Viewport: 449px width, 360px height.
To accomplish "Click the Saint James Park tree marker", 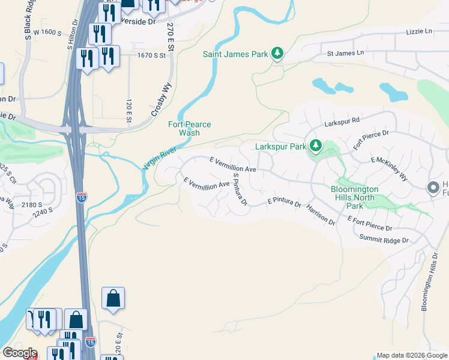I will click(277, 54).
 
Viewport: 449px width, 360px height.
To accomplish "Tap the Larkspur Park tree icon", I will click(315, 146).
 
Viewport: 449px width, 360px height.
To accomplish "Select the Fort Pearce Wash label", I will click(190, 128).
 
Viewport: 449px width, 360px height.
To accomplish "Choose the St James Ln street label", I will click(345, 53).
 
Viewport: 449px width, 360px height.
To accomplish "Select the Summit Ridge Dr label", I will click(384, 239).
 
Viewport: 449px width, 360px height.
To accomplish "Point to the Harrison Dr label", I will click(321, 214).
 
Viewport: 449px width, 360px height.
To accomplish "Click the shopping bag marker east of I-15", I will click(113, 298).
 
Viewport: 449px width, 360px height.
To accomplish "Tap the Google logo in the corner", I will click(19, 353).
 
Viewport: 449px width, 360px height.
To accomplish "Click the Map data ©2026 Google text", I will click(412, 355).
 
